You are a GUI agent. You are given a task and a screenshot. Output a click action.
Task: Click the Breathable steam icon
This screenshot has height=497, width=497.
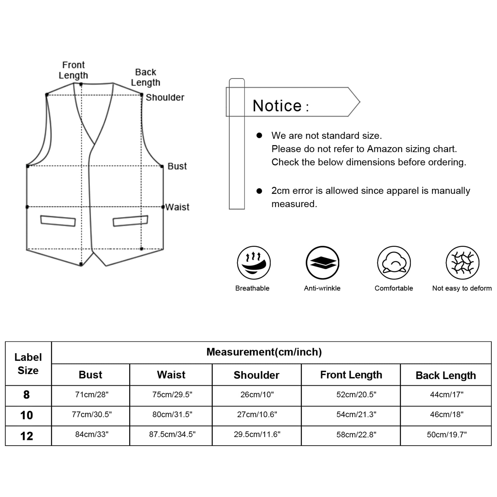253,263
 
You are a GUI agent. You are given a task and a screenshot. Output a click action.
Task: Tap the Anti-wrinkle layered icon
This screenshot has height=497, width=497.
322,263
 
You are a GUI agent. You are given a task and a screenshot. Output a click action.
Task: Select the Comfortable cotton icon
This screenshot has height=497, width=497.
394,263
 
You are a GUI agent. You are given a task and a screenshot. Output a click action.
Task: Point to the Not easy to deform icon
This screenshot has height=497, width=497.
463,263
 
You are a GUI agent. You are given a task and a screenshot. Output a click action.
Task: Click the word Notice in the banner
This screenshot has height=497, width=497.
277,106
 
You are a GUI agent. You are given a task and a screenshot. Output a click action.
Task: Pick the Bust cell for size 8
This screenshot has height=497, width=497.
92,394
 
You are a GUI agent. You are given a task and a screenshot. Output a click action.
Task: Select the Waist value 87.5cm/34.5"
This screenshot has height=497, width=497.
172,434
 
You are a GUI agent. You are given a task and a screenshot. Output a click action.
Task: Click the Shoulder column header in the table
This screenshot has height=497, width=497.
256,375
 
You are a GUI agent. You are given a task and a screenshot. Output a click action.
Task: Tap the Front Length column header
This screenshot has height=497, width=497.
351,375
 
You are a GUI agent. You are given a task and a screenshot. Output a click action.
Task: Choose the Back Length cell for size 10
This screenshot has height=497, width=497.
446,414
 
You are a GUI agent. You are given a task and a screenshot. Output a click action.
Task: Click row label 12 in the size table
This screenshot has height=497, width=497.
27,436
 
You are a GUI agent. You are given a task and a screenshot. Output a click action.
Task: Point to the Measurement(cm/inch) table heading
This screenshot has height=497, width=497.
264,352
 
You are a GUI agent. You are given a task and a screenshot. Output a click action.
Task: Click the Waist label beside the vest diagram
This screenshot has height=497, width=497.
177,207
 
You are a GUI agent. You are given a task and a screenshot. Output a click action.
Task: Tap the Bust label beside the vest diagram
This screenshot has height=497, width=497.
177,166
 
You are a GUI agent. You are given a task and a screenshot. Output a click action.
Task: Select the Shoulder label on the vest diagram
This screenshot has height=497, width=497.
165,98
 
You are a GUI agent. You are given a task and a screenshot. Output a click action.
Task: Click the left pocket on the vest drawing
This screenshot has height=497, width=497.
58,221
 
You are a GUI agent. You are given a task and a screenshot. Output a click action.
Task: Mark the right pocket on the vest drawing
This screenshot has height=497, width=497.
130,221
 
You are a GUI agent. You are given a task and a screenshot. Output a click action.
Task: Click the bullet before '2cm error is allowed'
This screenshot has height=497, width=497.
259,191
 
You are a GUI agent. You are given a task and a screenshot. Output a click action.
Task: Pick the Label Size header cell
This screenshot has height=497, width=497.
28,364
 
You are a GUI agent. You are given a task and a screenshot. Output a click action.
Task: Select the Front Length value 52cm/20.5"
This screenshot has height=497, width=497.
356,394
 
